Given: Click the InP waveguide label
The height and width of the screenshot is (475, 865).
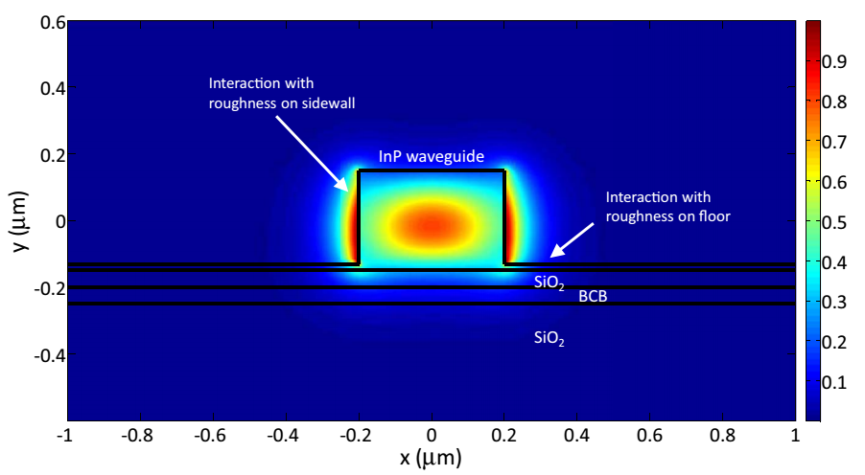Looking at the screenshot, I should [431, 155].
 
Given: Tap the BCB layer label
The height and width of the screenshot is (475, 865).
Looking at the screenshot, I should [592, 297].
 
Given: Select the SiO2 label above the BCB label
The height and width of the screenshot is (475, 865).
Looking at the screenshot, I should [549, 283].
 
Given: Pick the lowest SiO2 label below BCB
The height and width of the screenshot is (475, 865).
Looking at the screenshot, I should [549, 337].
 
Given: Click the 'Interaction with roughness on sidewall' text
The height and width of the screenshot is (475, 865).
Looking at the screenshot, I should [282, 93].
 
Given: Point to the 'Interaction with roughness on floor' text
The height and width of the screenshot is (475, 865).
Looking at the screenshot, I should [667, 207].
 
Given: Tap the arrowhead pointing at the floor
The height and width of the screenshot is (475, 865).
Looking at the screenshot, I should [554, 255].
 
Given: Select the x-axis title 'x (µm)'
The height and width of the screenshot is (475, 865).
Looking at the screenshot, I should [431, 458].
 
